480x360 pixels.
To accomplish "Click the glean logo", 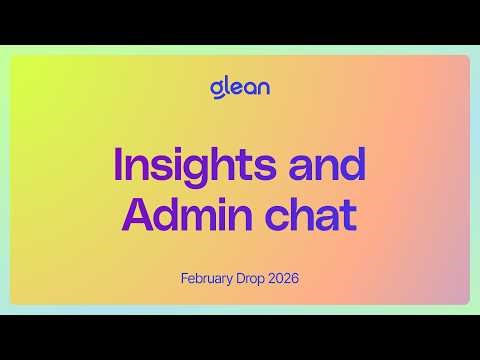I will [239, 87].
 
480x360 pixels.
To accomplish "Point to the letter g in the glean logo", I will [216, 90].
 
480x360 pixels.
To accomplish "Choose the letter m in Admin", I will [202, 218].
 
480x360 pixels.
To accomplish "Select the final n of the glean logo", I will [262, 88].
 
